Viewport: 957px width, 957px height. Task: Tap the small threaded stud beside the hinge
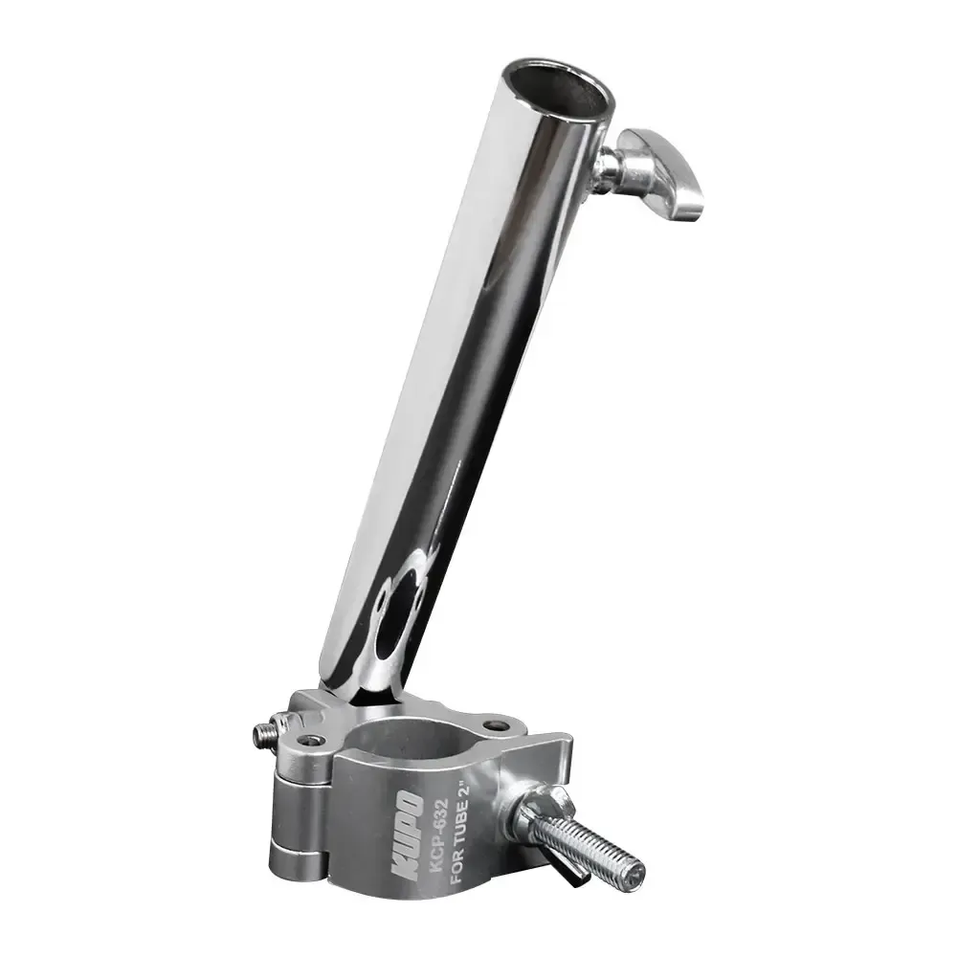coord(262,734)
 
